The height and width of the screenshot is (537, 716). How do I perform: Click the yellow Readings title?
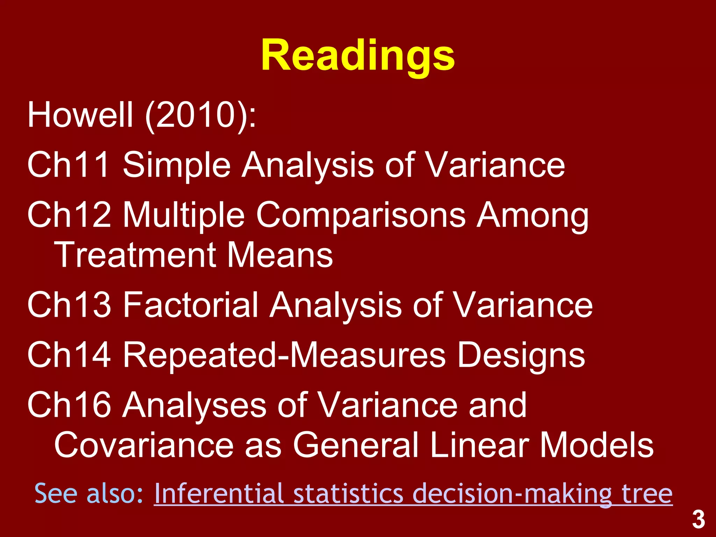[358, 56]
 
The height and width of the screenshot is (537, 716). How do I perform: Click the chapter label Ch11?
[69, 164]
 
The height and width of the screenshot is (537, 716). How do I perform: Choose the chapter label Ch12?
[69, 214]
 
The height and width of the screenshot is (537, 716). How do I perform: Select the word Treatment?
[134, 255]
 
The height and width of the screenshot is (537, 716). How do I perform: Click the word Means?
[280, 255]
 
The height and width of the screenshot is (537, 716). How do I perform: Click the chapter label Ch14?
[69, 355]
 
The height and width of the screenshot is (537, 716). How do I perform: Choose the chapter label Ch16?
[69, 404]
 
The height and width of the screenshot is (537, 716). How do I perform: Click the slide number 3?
[699, 520]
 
